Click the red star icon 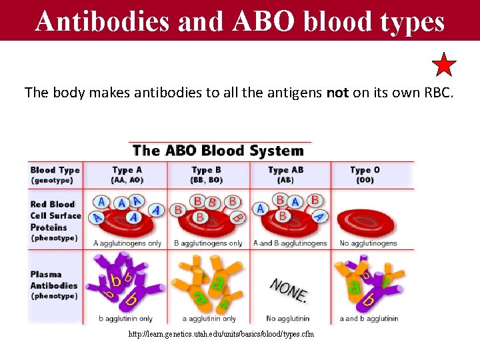click(444, 65)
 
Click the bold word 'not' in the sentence click(337, 93)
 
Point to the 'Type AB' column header click(285, 170)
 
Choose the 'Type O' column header click(365, 170)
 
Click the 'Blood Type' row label click(55, 170)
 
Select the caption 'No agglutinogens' click(367, 243)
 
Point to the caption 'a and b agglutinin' click(369, 319)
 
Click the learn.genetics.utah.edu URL click(221, 334)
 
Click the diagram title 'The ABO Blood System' click(218, 151)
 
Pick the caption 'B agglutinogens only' click(207, 243)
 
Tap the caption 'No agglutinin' click(289, 319)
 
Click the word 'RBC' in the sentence click(437, 93)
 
